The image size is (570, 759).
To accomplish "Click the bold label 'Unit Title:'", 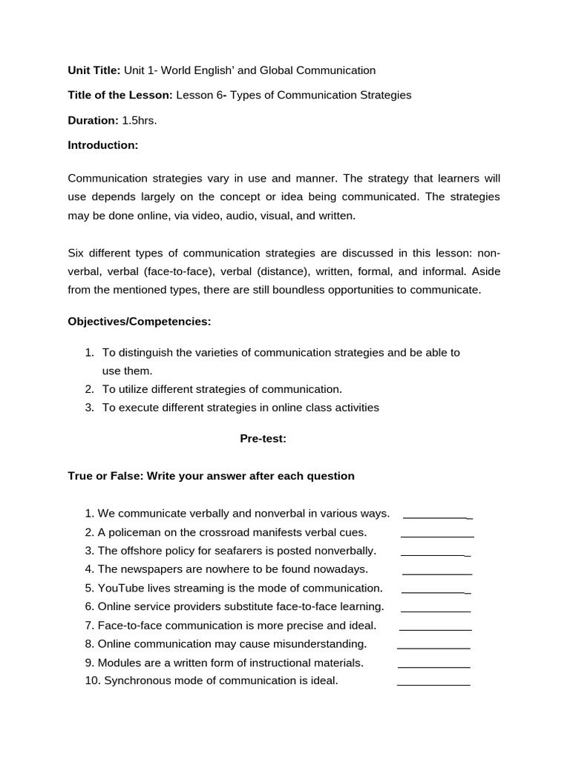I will [94, 70].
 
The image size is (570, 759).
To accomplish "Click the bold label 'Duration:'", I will [93, 120].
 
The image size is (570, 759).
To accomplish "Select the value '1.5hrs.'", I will [140, 120].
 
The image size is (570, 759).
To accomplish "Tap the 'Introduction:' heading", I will [103, 145].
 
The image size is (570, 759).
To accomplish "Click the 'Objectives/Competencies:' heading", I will [140, 321].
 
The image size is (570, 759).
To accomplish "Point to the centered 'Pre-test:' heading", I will [263, 439].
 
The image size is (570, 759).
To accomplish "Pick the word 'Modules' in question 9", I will [119, 663].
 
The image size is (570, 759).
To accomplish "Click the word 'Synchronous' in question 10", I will [136, 680].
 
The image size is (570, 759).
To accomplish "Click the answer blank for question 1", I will [437, 516].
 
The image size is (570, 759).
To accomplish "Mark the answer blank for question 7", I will [435, 628].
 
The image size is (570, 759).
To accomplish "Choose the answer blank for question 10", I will [433, 683].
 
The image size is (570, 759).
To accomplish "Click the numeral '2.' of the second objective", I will [89, 389].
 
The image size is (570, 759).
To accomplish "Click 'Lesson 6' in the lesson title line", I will [199, 95].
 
